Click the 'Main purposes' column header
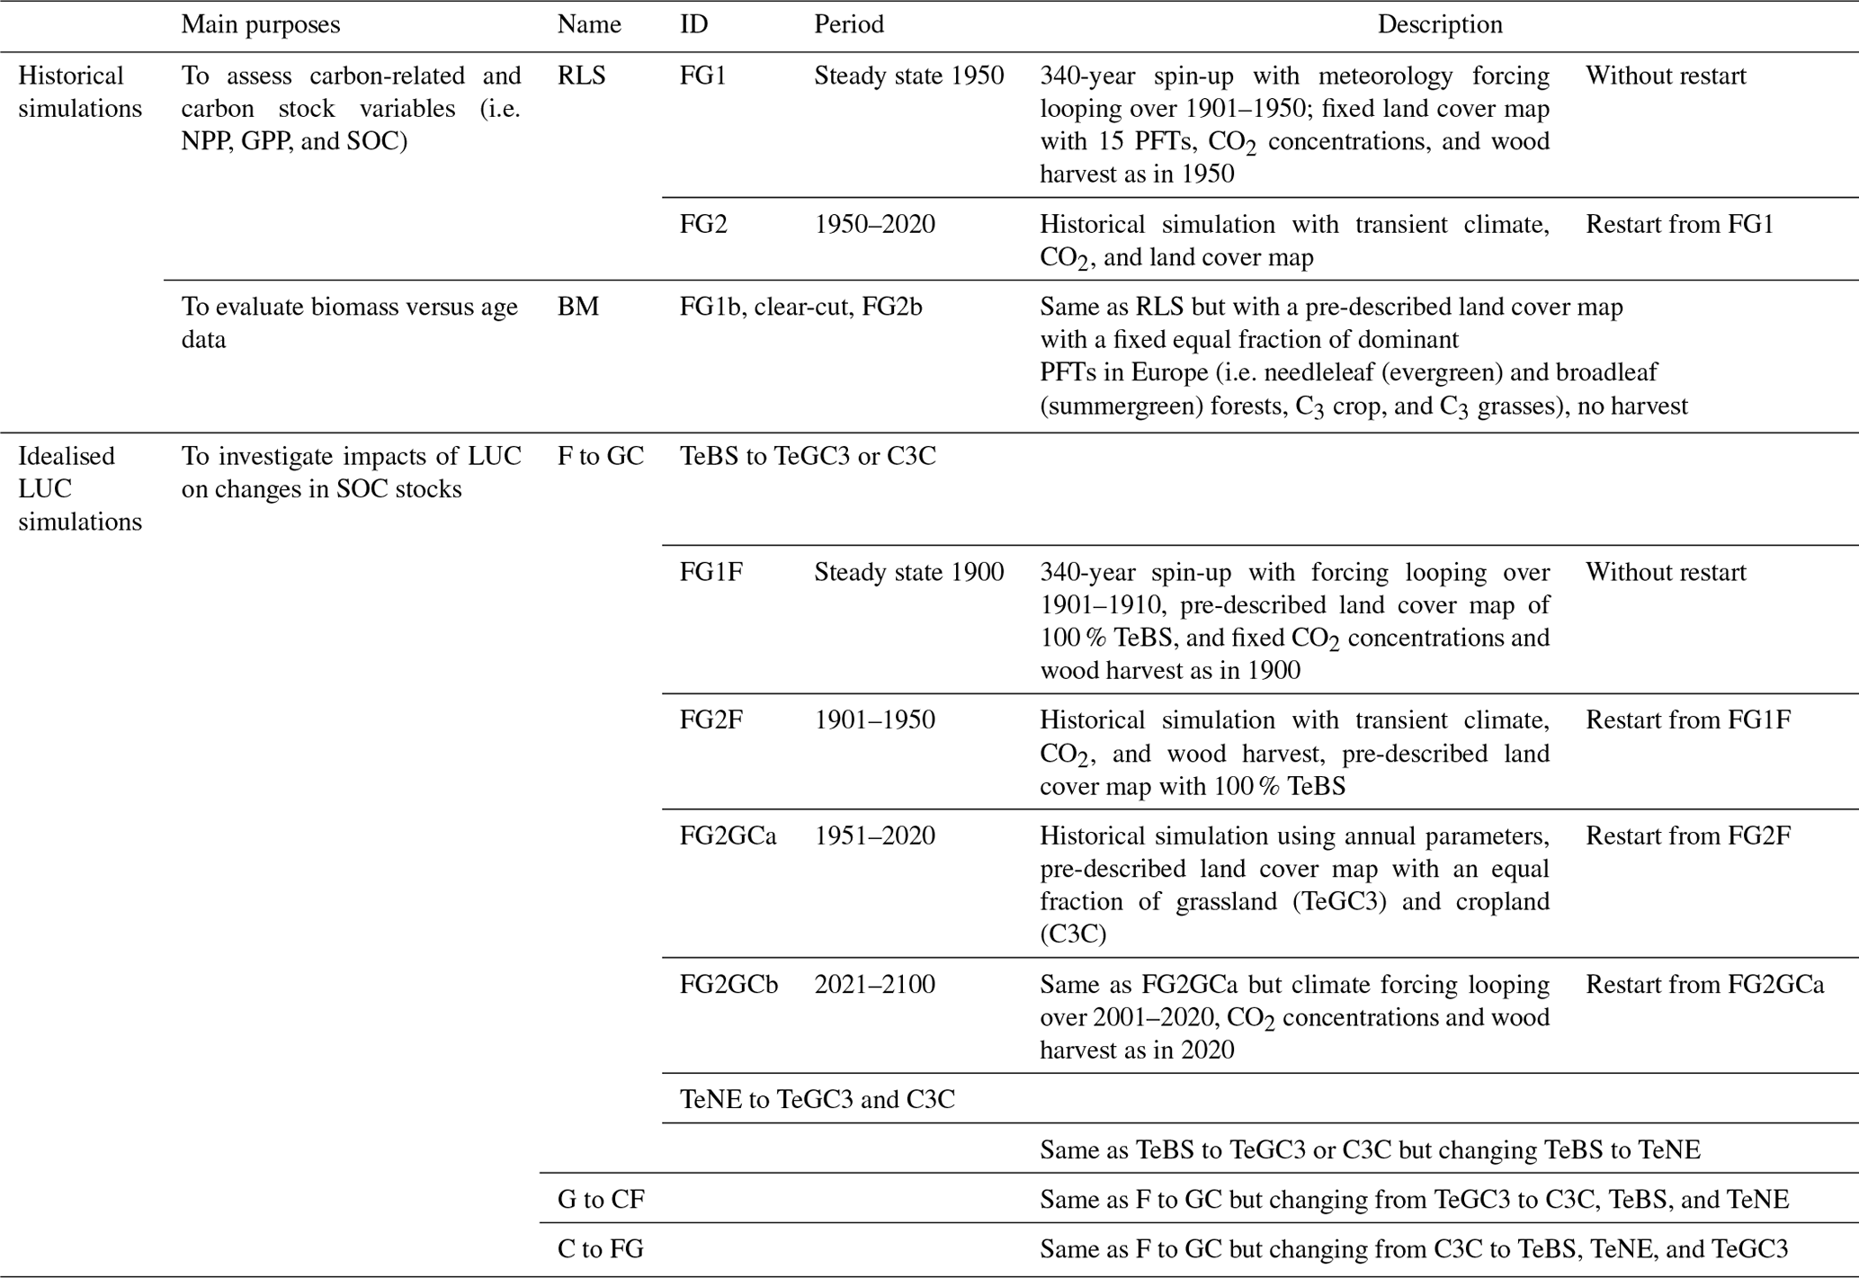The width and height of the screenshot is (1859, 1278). tap(260, 24)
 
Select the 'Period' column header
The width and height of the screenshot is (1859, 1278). tap(848, 24)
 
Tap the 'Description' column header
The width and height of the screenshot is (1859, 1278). tap(1439, 24)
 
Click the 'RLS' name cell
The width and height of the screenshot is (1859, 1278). tap(581, 76)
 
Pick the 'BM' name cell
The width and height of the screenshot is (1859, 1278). tap(577, 307)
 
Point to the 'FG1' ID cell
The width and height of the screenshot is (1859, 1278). tap(702, 76)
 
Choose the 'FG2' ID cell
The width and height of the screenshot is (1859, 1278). tap(703, 224)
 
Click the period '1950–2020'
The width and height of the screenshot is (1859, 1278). tap(874, 224)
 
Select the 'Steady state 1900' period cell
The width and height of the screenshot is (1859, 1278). tap(908, 572)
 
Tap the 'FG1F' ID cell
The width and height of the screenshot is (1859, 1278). tap(711, 572)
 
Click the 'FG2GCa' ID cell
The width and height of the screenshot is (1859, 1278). tap(728, 836)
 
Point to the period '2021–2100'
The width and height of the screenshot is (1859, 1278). tap(874, 984)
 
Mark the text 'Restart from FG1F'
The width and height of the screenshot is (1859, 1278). tap(1687, 719)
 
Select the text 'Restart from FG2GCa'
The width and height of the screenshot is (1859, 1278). tap(1703, 984)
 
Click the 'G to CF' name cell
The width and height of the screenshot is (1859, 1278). tap(601, 1199)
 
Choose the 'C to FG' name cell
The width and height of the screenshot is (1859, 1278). tap(601, 1248)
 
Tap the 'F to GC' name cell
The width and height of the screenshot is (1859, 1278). tap(601, 456)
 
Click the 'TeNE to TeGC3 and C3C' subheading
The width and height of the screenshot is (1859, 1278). tap(817, 1099)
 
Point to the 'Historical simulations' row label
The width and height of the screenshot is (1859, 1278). tap(80, 92)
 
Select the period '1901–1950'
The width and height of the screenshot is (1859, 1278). tap(874, 719)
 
